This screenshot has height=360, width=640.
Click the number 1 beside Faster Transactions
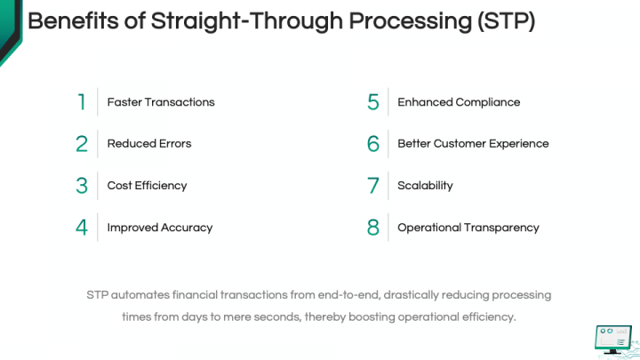click(82, 102)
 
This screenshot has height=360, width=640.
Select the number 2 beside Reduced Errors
click(82, 144)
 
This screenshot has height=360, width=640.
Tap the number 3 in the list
click(82, 186)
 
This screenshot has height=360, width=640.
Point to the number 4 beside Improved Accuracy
click(82, 228)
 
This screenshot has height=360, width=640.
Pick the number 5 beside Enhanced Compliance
click(373, 102)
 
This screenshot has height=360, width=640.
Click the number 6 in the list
click(373, 144)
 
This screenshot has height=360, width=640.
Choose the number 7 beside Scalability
click(373, 186)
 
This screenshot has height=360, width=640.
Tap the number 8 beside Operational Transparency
click(373, 228)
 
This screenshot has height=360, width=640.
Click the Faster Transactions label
click(161, 102)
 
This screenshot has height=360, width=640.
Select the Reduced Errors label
click(149, 144)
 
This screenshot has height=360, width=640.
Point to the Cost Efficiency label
click(147, 186)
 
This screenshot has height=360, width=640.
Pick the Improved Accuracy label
click(160, 228)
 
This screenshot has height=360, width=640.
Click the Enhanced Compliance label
click(459, 102)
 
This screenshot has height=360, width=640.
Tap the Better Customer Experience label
click(473, 144)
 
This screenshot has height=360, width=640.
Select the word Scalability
click(425, 186)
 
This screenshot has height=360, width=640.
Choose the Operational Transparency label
click(468, 228)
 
